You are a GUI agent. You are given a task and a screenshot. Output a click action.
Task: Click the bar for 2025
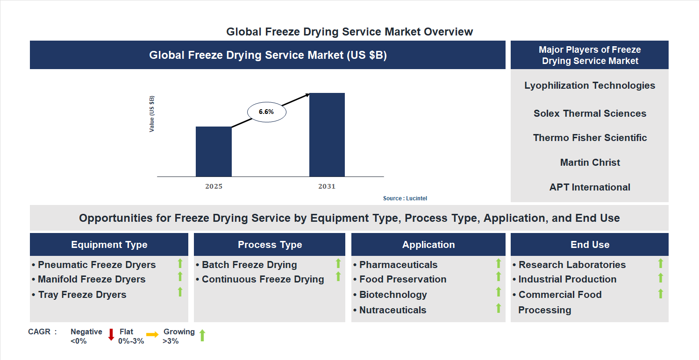pos(214,152)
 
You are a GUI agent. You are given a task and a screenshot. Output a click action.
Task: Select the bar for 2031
pos(327,135)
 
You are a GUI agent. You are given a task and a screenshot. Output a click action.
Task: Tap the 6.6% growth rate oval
pos(266,112)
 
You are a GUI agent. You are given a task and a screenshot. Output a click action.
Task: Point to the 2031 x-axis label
pos(327,186)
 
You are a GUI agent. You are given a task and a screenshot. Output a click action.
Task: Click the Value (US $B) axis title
pos(152,114)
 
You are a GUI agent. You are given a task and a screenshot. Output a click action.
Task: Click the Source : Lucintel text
pos(405,198)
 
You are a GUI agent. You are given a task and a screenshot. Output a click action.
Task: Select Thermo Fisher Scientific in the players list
pos(590,138)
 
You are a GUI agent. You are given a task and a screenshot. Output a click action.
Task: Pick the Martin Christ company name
pos(590,162)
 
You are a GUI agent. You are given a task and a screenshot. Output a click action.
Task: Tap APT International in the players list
pos(590,187)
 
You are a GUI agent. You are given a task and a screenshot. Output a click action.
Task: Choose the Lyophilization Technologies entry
pos(590,85)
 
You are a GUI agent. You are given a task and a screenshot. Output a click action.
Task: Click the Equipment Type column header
pos(109,245)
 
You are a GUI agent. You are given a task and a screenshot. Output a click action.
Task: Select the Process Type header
pos(270,245)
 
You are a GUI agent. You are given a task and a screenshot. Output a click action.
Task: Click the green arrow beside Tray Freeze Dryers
pos(180,292)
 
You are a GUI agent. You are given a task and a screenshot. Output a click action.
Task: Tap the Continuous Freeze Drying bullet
pos(263,279)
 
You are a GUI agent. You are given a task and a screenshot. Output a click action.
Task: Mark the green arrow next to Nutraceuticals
pos(499,308)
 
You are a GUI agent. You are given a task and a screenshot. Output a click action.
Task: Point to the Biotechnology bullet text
pos(393,295)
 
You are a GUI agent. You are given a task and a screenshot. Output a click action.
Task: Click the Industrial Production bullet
pos(567,279)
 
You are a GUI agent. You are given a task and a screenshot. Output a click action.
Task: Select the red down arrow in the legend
pos(111,334)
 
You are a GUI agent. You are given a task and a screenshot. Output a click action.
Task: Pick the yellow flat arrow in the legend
pos(152,334)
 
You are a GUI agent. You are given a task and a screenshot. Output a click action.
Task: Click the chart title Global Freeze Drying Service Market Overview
pos(349,32)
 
